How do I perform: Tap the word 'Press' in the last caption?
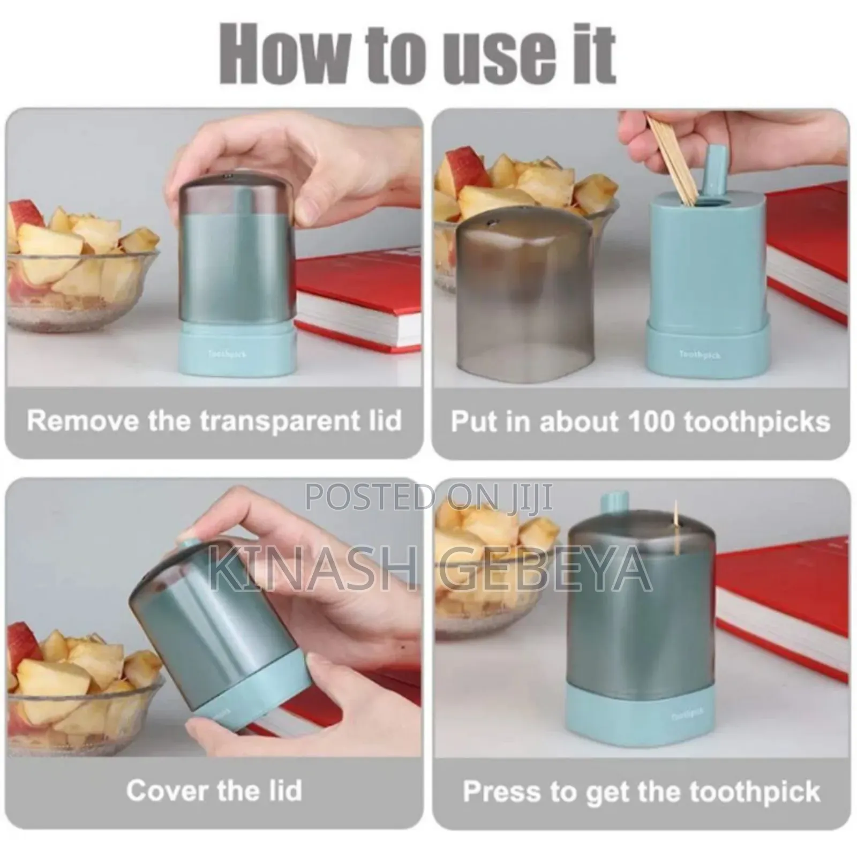click(x=501, y=792)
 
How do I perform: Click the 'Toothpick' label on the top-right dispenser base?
click(x=700, y=355)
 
